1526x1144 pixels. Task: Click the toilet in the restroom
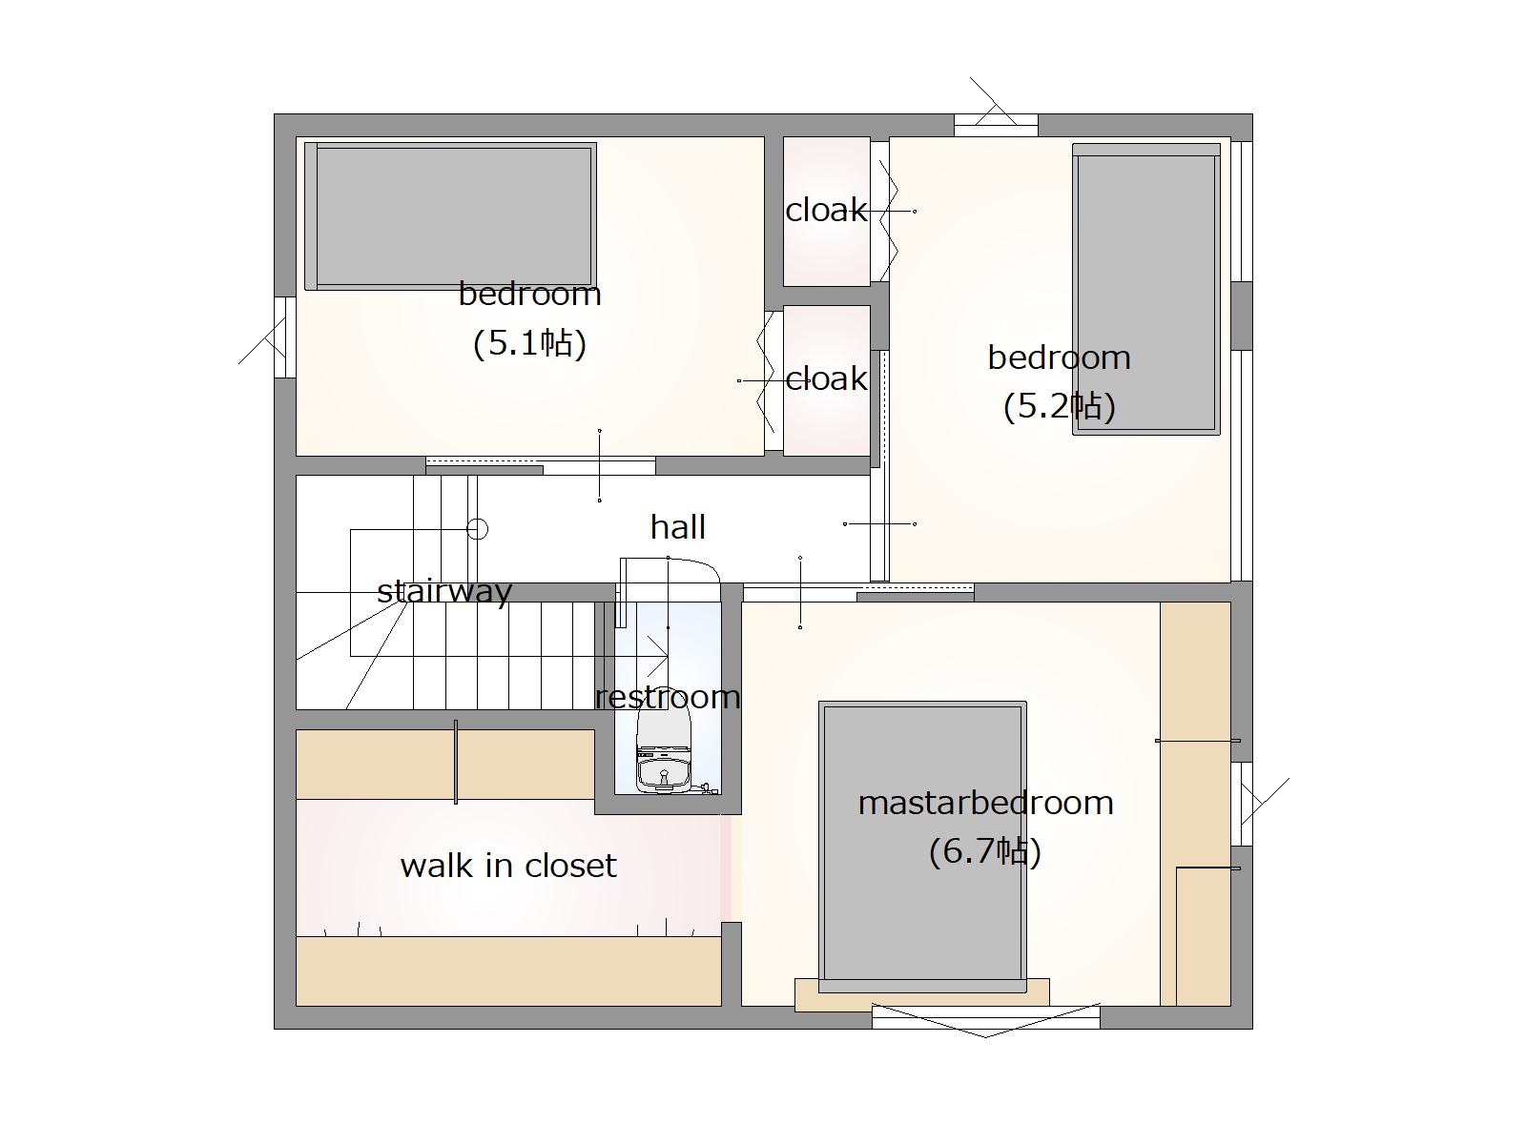[x=664, y=751]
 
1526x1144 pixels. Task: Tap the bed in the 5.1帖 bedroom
[x=450, y=216]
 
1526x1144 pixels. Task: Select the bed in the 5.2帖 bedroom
[x=1146, y=289]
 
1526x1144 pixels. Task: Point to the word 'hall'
[x=678, y=527]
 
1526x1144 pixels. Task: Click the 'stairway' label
[x=445, y=592]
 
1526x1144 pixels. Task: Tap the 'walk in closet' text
[x=508, y=866]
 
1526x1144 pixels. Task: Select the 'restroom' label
[x=668, y=697]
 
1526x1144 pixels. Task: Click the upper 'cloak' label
[x=826, y=210]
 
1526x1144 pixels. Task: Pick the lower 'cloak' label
[x=826, y=379]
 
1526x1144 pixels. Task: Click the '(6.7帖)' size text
[x=985, y=851]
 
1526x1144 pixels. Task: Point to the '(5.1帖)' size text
[x=529, y=343]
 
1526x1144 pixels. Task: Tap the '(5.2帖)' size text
[x=1059, y=406]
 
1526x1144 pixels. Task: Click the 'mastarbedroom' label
[x=986, y=803]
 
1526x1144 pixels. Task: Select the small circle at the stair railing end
[x=477, y=529]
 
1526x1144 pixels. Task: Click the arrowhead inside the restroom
[x=658, y=656]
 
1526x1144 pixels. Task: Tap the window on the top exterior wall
[x=996, y=126]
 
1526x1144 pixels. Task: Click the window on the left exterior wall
[x=285, y=337]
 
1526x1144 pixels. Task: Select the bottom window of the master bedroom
[x=986, y=1017]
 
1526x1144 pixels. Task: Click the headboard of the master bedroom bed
[x=922, y=987]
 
